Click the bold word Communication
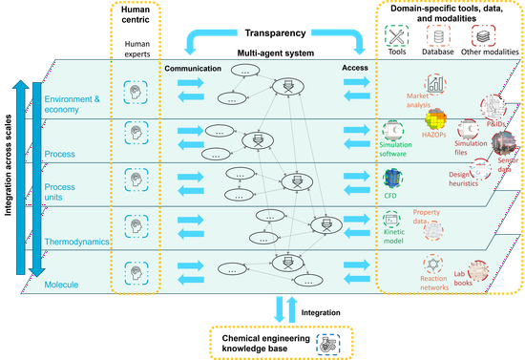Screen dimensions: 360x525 [x=194, y=69]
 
